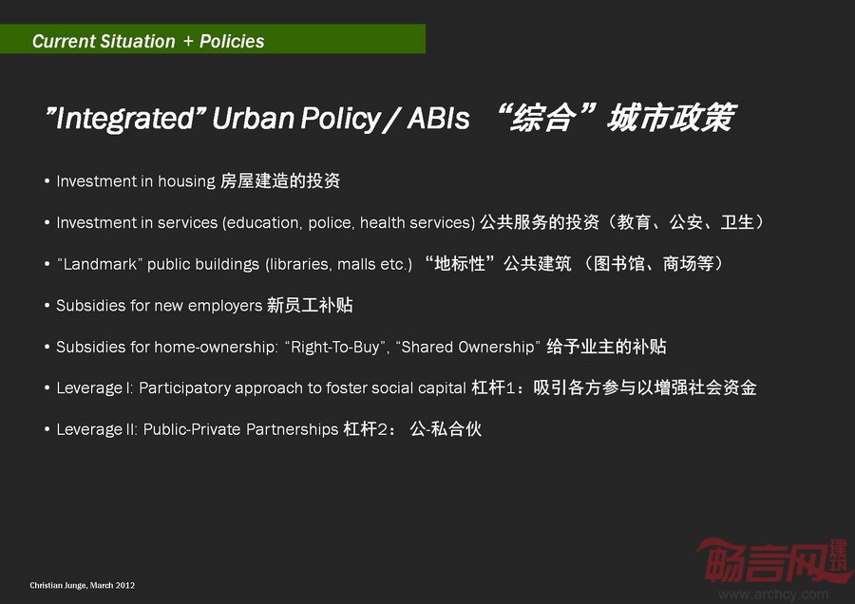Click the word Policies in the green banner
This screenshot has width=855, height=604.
click(232, 42)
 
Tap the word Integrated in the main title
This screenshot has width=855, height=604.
click(124, 119)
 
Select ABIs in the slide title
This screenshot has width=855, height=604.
click(438, 118)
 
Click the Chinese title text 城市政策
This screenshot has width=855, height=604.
click(672, 118)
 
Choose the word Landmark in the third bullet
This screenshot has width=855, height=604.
click(101, 264)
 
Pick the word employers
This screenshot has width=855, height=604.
click(225, 306)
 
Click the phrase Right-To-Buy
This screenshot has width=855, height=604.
click(335, 348)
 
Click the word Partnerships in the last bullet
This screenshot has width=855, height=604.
click(293, 429)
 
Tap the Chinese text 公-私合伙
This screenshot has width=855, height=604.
click(446, 429)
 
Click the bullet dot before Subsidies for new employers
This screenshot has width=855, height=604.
click(47, 305)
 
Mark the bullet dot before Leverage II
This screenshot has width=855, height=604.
click(47, 429)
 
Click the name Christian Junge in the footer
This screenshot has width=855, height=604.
click(57, 585)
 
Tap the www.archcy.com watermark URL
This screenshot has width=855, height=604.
click(773, 594)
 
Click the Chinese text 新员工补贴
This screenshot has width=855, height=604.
click(310, 305)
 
